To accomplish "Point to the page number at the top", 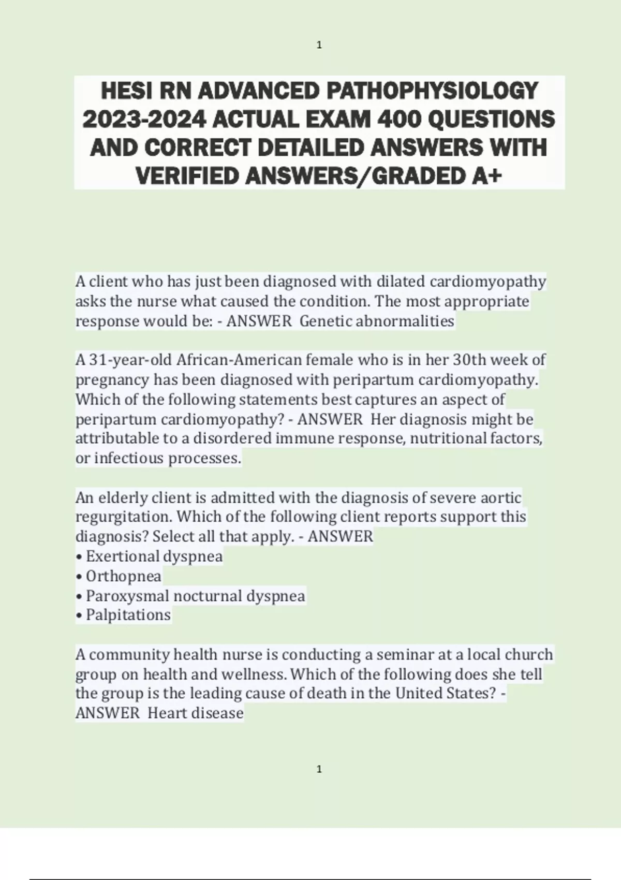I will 319,46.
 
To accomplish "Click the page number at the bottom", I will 319,769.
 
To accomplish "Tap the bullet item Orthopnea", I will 123,576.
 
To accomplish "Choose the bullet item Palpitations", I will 128,615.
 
